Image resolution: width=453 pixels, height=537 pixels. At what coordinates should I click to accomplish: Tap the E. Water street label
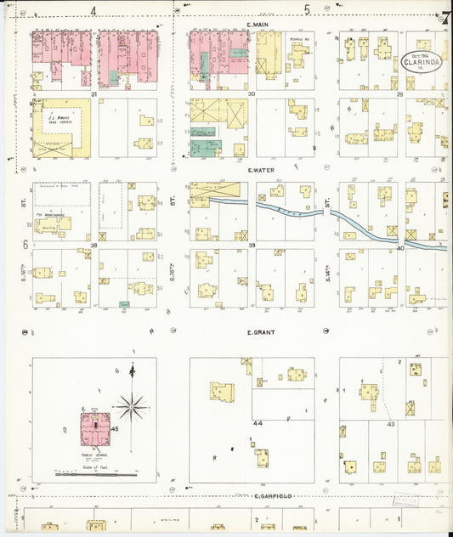pos(260,170)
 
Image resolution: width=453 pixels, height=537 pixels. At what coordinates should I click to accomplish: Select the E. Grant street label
pos(259,332)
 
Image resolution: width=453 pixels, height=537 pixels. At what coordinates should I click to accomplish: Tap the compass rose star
pos(131,406)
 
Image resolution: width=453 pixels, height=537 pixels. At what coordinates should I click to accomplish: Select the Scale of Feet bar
pos(93,473)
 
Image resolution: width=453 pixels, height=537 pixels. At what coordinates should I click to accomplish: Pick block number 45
pos(115,430)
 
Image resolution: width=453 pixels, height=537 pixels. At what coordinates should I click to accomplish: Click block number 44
pos(258,421)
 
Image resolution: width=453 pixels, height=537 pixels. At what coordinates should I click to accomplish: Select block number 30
pos(252,93)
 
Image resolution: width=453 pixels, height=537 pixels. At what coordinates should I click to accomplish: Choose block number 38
pos(94,245)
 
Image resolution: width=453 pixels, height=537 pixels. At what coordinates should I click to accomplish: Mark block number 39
pos(252,245)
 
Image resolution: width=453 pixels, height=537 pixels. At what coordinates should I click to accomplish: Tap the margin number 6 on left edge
pos(25,245)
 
